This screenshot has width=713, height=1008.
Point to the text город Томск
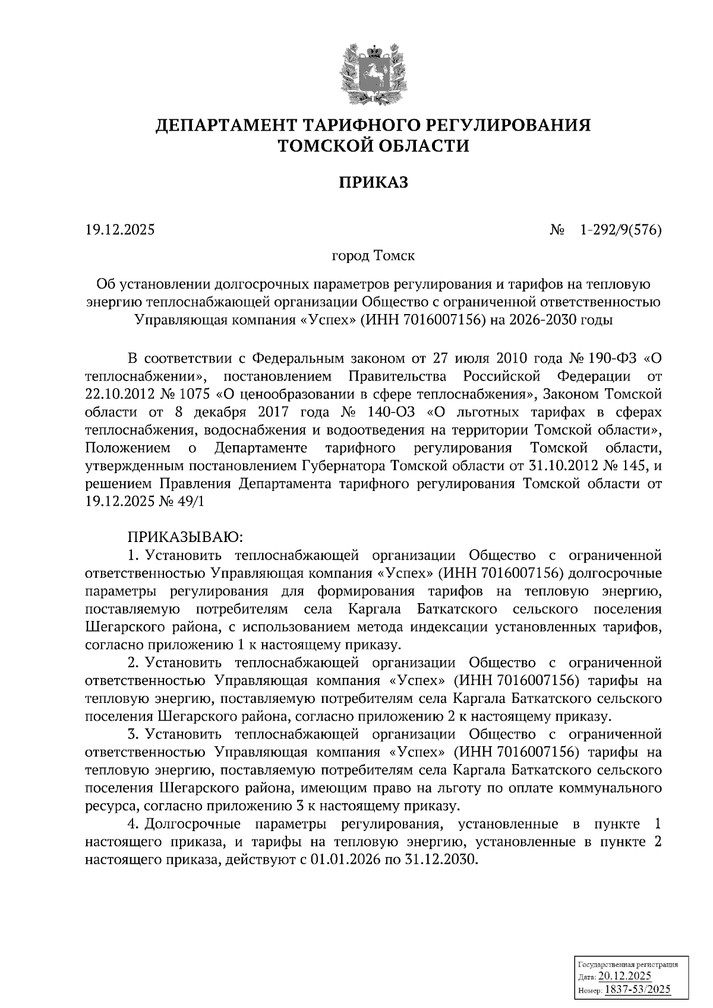point(373,256)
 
